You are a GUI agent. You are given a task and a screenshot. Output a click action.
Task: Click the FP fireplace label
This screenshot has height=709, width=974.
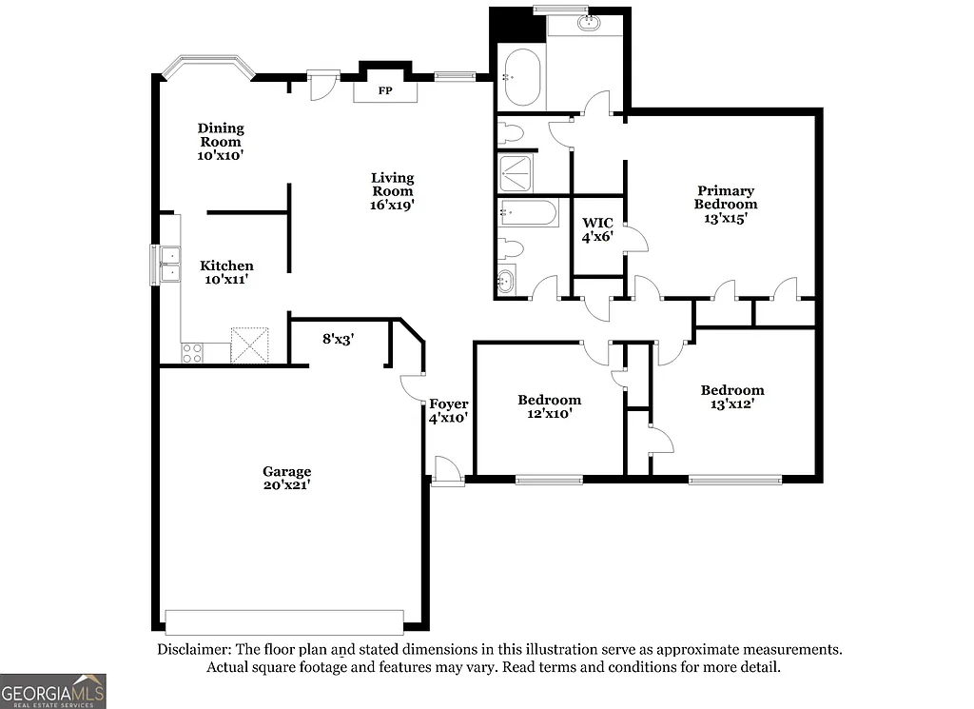tap(385, 91)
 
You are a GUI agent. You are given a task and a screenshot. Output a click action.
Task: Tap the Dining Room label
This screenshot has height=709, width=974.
tap(221, 141)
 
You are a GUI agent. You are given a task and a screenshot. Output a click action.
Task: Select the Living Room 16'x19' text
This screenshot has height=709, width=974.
tap(392, 190)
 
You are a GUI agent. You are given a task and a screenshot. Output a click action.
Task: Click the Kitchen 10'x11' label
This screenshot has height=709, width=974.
tap(226, 272)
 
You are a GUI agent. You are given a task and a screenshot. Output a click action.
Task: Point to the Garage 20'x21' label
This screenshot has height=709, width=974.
tap(287, 478)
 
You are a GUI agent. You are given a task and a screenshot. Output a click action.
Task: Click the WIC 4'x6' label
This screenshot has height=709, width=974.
tap(597, 229)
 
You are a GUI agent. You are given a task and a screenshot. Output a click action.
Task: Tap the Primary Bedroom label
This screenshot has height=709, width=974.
tap(725, 204)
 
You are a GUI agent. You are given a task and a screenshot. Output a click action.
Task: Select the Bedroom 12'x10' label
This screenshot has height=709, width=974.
tap(549, 406)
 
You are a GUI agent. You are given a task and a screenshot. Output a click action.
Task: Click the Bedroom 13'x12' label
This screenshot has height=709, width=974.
tap(731, 397)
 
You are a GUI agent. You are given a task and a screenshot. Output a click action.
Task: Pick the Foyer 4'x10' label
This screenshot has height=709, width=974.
tap(448, 410)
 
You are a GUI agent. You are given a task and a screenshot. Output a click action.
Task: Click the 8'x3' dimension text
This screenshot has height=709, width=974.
tap(338, 338)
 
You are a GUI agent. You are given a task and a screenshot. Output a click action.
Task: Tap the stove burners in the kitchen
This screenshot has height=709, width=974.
tap(192, 352)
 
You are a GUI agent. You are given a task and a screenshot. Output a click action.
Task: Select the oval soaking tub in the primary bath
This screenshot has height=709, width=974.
tap(521, 77)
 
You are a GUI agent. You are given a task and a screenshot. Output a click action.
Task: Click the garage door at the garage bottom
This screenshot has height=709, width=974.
tap(283, 621)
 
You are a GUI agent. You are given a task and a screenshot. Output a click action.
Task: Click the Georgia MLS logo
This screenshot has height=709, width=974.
tap(53, 690)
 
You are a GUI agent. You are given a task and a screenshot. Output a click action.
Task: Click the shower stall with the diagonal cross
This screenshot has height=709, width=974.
tap(516, 174)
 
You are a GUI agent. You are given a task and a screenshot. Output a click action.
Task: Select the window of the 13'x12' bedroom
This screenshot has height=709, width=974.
tap(734, 480)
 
